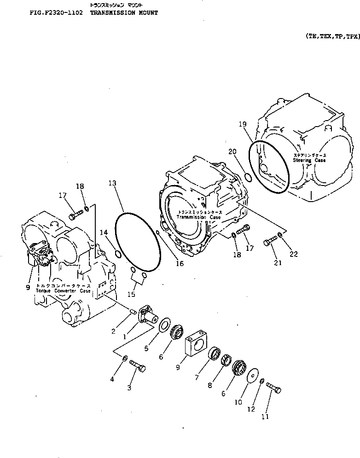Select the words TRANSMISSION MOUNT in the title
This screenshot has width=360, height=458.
click(x=124, y=13)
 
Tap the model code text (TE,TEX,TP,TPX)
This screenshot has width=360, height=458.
click(x=331, y=35)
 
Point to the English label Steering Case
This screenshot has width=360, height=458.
click(x=309, y=160)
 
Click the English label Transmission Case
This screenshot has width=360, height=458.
click(x=198, y=217)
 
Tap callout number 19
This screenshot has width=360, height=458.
click(x=243, y=124)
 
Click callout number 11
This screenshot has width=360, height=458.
click(x=265, y=417)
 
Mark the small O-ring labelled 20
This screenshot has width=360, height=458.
click(x=247, y=177)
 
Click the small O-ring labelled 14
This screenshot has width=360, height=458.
click(x=118, y=254)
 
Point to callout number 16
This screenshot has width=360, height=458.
click(x=180, y=264)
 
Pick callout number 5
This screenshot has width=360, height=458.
click(x=146, y=348)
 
